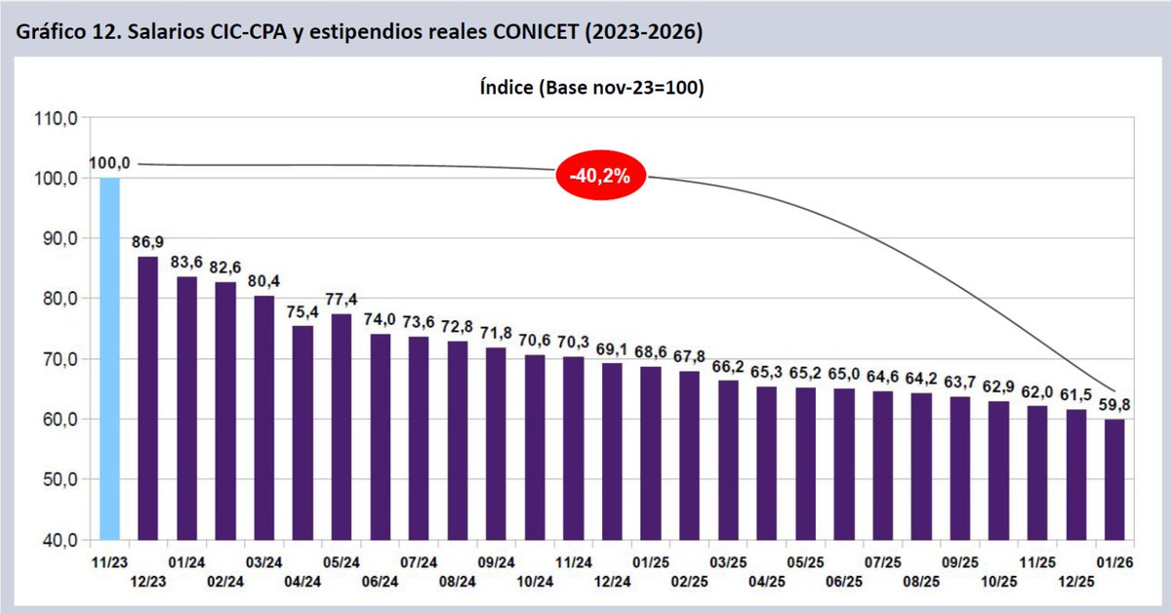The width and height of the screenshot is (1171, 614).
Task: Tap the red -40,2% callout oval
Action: click(x=601, y=177)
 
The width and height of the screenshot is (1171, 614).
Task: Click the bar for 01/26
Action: click(x=1113, y=479)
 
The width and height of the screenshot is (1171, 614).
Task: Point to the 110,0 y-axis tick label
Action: click(x=56, y=118)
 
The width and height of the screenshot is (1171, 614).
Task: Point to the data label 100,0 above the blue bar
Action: click(x=109, y=163)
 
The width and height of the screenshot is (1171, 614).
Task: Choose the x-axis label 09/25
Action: click(x=960, y=563)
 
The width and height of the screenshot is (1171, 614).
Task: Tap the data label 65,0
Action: click(x=844, y=373)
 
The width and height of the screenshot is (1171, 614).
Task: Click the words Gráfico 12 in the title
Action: click(x=55, y=31)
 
